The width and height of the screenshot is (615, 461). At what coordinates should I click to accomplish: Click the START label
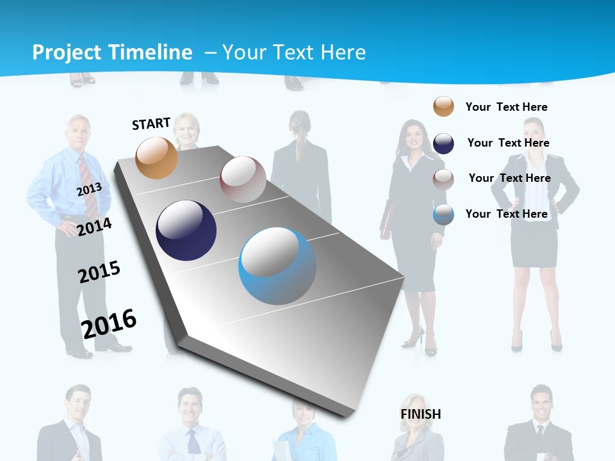tap(151, 124)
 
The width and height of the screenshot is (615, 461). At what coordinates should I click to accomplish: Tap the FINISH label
tap(421, 414)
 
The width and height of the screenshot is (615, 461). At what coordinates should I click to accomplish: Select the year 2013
tap(89, 189)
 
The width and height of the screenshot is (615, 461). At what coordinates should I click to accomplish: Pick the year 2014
tap(95, 227)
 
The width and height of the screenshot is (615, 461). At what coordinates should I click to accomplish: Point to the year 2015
tap(99, 272)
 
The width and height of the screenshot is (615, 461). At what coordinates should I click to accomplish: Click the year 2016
tap(109, 323)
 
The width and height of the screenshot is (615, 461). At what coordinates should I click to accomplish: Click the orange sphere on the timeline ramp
tap(157, 158)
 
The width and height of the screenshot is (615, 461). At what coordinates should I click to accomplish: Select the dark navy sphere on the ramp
tap(186, 230)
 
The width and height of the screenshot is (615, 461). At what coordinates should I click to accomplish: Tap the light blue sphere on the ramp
tap(277, 266)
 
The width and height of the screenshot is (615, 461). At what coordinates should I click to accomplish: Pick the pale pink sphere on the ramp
tap(243, 179)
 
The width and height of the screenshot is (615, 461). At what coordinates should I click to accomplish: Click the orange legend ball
tap(443, 106)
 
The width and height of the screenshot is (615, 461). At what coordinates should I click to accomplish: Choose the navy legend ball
tap(443, 143)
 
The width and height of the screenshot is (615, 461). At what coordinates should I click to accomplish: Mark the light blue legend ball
tap(443, 214)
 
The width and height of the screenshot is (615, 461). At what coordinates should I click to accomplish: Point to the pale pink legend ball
tap(443, 179)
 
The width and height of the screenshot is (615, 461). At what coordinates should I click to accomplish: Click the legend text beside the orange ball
tap(506, 107)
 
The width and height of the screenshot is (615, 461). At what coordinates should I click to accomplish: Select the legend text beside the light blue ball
tap(506, 214)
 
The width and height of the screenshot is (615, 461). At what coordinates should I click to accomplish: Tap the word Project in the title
tap(67, 53)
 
